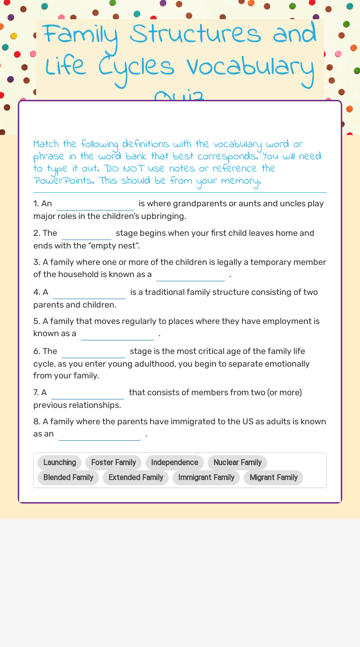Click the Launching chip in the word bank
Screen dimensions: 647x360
60,462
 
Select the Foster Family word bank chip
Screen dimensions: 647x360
113,462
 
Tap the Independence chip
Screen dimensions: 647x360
174,462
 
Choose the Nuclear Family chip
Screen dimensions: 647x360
237,462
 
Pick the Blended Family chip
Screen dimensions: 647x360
68,477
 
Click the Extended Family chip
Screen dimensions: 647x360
135,477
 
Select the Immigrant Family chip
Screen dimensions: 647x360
206,477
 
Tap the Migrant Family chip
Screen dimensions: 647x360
273,477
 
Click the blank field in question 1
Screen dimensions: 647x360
95,204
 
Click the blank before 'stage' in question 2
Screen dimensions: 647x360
86,233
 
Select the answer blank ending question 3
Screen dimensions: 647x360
190,275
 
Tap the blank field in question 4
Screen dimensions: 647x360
89,293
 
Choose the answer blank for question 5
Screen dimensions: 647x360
117,334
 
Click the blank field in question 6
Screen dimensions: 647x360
93,352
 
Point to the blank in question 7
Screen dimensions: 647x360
88,393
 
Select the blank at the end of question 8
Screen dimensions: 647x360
99,434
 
